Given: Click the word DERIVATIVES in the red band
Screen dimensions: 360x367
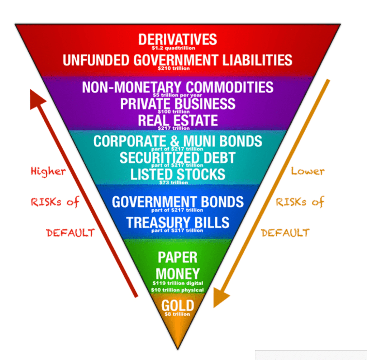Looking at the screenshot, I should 177,39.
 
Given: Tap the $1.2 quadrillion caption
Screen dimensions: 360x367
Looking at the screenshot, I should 177,48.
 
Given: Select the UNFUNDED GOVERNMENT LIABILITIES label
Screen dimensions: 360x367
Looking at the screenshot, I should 177,60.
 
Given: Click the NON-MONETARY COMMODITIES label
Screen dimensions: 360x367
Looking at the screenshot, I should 177,87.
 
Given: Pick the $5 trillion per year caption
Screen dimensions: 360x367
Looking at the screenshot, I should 177,95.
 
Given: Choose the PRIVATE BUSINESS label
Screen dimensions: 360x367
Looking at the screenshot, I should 177,104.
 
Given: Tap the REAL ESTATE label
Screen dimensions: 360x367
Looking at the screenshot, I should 177,120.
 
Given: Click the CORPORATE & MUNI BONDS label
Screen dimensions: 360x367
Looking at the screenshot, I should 177,141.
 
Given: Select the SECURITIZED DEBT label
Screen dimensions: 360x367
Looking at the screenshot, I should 177,158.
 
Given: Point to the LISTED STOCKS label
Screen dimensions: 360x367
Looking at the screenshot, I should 177,174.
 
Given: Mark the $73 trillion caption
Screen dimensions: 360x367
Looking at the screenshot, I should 173,183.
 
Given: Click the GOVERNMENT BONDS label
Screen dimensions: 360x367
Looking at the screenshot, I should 177,202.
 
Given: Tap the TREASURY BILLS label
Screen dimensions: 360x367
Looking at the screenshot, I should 177,222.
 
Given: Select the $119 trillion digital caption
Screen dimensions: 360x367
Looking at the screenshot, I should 177,283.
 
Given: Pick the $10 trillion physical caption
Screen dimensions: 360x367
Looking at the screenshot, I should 177,290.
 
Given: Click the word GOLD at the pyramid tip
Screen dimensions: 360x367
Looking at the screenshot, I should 177,306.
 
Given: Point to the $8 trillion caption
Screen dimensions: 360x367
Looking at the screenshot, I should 177,314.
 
